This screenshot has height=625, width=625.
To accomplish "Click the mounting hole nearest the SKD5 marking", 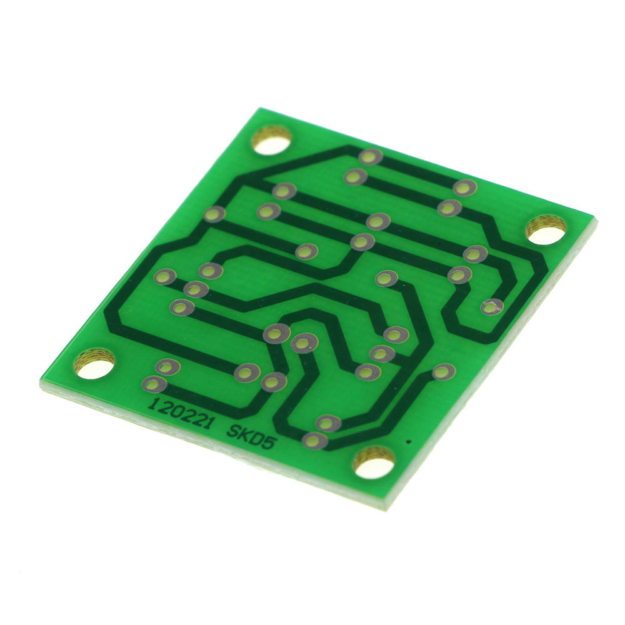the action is pyautogui.click(x=374, y=462).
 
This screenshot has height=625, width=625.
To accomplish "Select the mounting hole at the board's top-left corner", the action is pyautogui.click(x=272, y=139).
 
